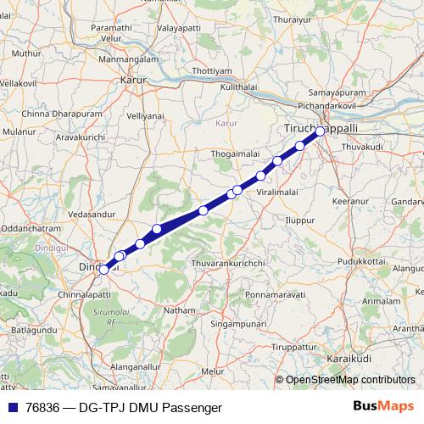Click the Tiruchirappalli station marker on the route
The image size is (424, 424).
[x=321, y=131]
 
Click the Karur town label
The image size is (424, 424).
[x=134, y=81]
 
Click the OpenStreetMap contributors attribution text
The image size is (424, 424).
[x=349, y=380]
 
